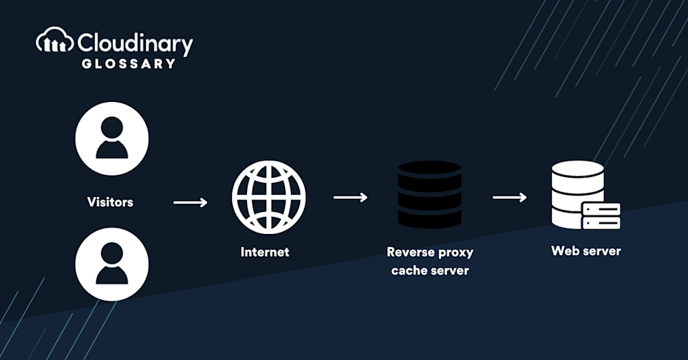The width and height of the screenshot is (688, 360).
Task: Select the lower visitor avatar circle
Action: (111, 264)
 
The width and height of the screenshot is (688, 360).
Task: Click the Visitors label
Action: (110, 202)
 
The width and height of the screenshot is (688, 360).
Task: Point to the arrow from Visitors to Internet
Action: (190, 202)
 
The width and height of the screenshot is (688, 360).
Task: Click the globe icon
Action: (268, 197)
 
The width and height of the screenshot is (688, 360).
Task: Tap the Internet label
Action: (265, 252)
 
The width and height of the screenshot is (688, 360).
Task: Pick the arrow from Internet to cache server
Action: (350, 198)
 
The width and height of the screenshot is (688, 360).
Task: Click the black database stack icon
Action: (429, 195)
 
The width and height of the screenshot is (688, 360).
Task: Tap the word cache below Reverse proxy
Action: (408, 270)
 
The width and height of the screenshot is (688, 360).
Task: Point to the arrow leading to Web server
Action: (510, 198)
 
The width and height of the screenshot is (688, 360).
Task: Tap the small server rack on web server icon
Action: (601, 215)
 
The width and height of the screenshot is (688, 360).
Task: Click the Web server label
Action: (585, 251)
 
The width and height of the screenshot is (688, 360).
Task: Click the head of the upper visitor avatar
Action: (111, 128)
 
